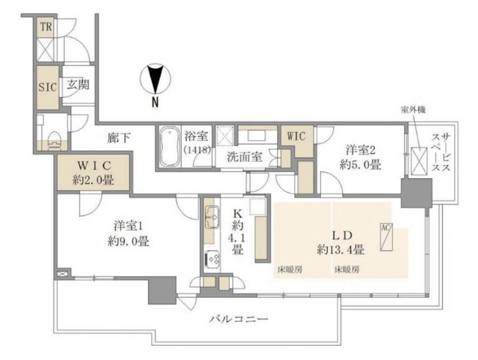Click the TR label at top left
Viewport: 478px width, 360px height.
pos(46,27)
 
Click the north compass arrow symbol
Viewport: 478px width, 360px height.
pos(154,80)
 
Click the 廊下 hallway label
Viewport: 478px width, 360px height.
pos(118,138)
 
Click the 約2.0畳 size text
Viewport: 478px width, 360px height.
pos(93,181)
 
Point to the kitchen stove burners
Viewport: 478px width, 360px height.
pos(212,257)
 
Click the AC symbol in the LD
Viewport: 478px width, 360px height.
pos(385,229)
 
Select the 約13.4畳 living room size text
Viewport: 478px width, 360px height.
pos(340,250)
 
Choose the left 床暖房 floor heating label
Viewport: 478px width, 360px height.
pos(289,270)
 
